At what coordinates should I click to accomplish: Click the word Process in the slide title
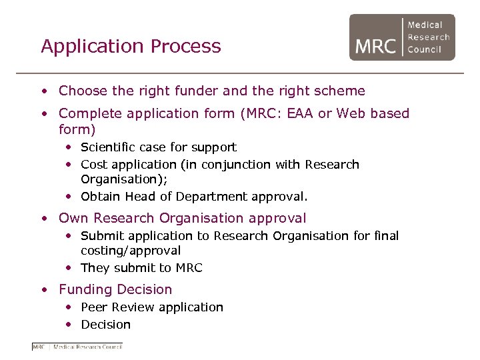click(x=186, y=46)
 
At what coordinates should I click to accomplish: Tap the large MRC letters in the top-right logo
click(x=375, y=46)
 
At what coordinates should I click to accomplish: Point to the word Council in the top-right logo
click(x=425, y=49)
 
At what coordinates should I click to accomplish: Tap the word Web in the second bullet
click(x=351, y=113)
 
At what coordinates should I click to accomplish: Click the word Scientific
click(x=107, y=147)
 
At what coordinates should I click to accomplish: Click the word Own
click(x=73, y=218)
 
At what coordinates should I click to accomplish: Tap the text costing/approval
click(x=131, y=251)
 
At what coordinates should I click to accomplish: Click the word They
click(x=95, y=268)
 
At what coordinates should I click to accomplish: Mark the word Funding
click(x=85, y=289)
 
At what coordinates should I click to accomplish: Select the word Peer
click(x=94, y=307)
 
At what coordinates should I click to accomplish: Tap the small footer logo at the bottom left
click(x=77, y=346)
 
